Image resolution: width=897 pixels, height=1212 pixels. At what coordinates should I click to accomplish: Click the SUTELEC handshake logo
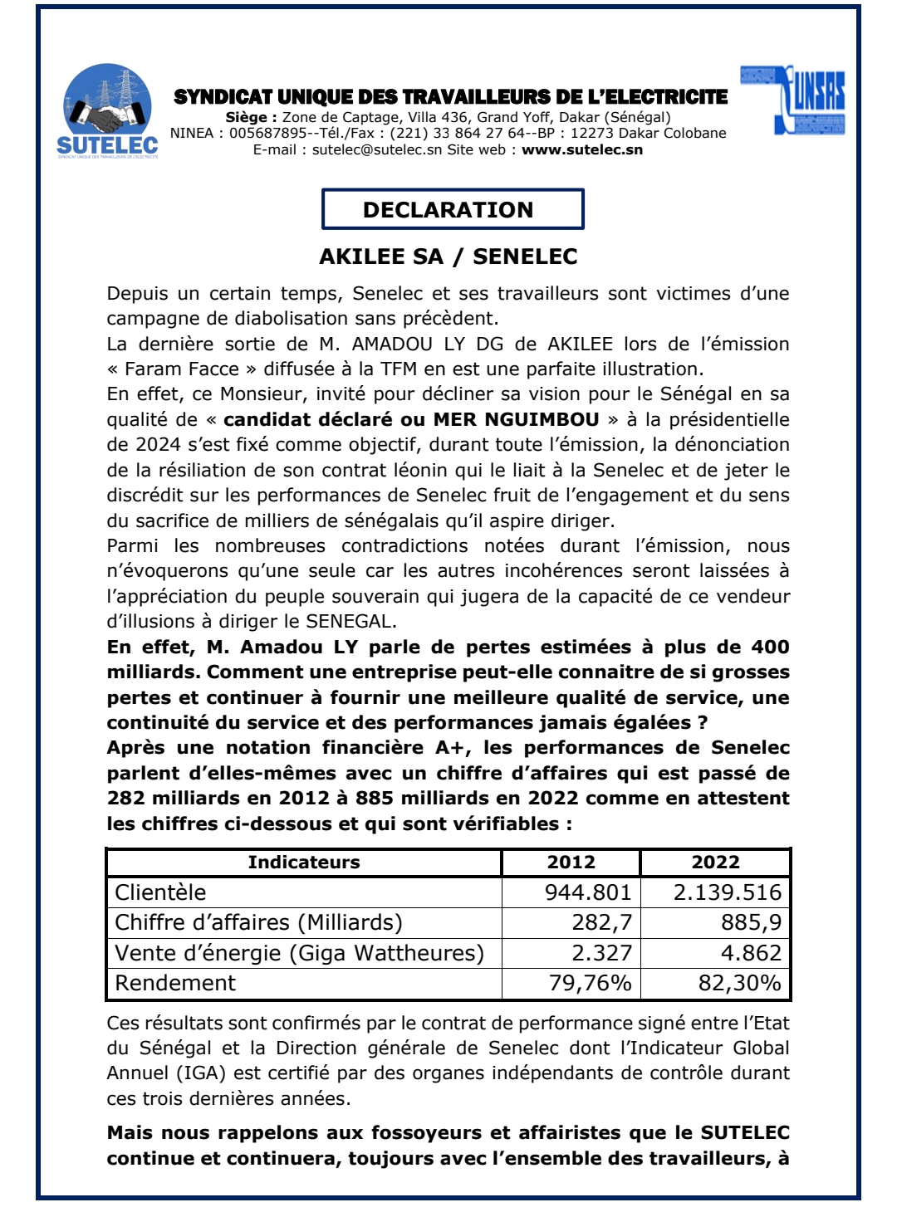pyautogui.click(x=107, y=110)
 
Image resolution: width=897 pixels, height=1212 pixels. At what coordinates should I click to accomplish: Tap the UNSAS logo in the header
pyautogui.click(x=792, y=100)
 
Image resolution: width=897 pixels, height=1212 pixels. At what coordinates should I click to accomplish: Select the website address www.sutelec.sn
pyautogui.click(x=581, y=150)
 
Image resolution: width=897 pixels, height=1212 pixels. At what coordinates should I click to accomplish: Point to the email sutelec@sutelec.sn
pyautogui.click(x=377, y=150)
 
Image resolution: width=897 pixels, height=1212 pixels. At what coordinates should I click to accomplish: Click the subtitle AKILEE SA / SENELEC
pyautogui.click(x=448, y=257)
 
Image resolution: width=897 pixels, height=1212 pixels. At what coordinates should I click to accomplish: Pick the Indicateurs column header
pyautogui.click(x=304, y=863)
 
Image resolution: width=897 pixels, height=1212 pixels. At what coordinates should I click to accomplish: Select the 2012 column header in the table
pyautogui.click(x=571, y=863)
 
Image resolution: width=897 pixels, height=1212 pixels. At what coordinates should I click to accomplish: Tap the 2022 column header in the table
pyautogui.click(x=715, y=863)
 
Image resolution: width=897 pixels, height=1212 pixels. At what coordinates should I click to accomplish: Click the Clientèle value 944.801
pyautogui.click(x=588, y=892)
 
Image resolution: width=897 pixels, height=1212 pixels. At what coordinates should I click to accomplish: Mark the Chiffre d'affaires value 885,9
pyautogui.click(x=751, y=922)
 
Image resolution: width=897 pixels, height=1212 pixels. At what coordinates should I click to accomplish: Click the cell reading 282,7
pyautogui.click(x=602, y=922)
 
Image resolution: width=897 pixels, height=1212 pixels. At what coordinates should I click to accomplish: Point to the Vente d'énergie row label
pyautogui.click(x=299, y=953)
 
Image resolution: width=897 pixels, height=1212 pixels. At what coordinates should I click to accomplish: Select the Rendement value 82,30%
pyautogui.click(x=739, y=983)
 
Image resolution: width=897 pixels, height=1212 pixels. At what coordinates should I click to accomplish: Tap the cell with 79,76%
pyautogui.click(x=590, y=983)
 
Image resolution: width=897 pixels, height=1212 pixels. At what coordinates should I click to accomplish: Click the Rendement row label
pyautogui.click(x=175, y=983)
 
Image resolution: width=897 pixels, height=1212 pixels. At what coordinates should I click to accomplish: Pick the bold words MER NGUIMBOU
pyautogui.click(x=517, y=419)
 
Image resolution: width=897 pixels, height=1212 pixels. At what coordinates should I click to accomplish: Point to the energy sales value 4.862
pyautogui.click(x=751, y=953)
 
